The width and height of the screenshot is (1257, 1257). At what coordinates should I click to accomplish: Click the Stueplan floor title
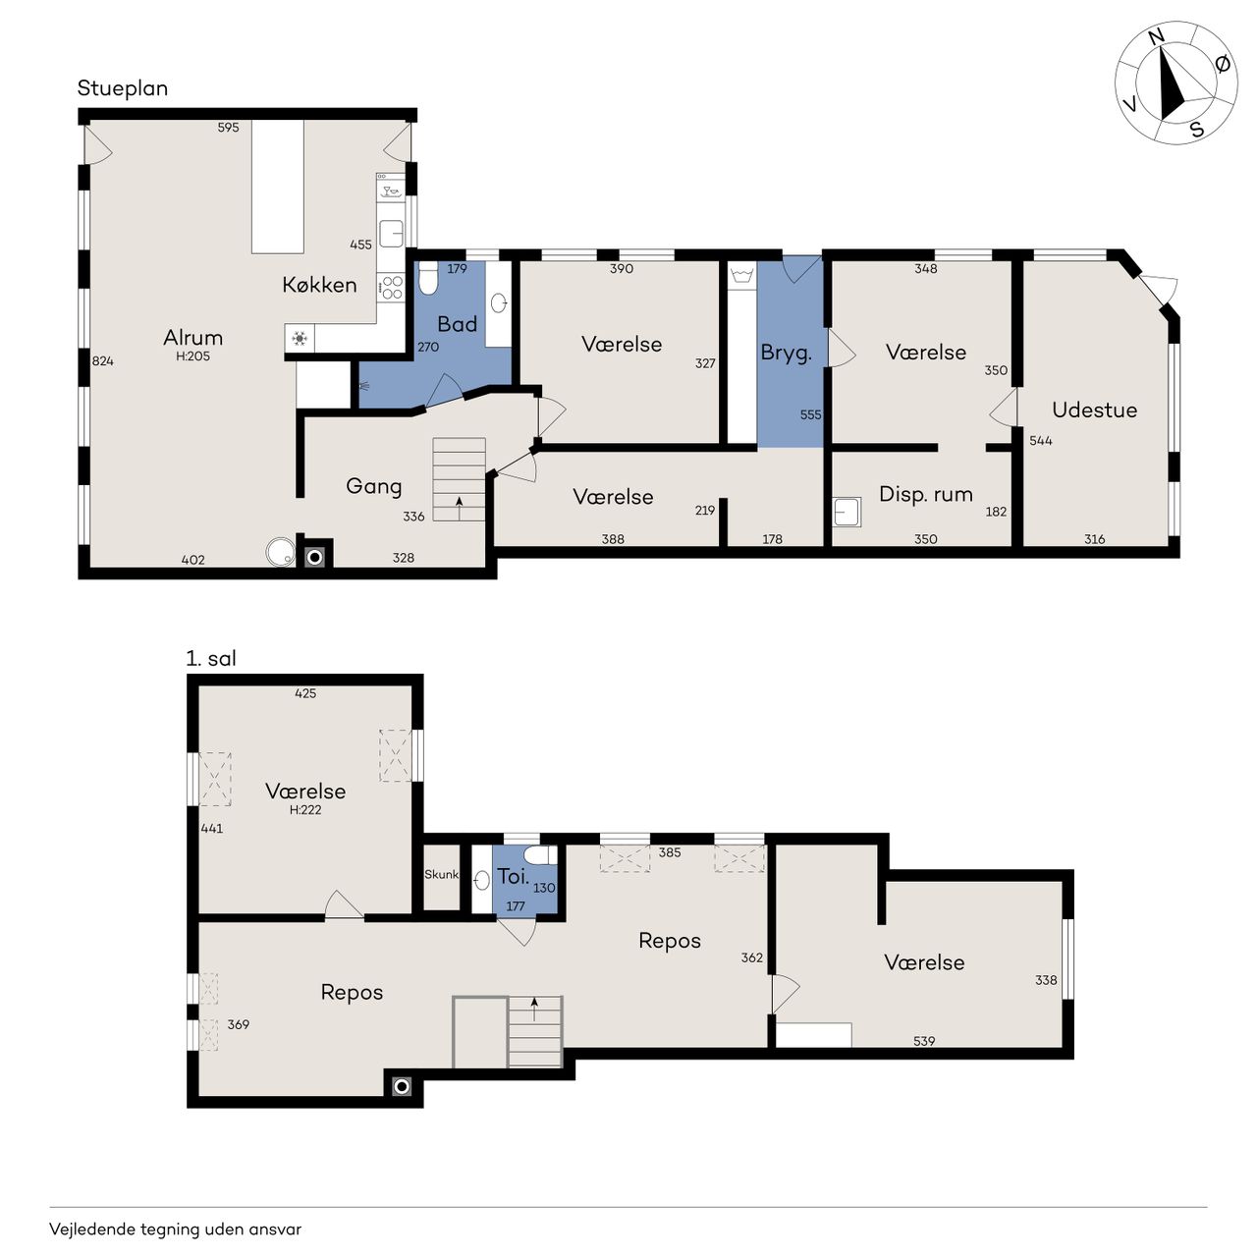(x=122, y=88)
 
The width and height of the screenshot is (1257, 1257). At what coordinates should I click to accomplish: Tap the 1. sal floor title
(x=211, y=658)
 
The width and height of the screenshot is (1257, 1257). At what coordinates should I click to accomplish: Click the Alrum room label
(x=192, y=337)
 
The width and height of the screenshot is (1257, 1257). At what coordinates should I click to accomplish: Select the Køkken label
(x=319, y=285)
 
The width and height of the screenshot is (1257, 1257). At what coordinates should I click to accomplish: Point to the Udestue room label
(x=1094, y=410)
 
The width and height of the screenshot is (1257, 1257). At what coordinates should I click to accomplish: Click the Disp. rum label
(x=925, y=494)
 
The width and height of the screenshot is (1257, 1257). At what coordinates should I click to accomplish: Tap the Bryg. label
(x=786, y=353)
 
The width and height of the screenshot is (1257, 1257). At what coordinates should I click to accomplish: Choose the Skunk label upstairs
(x=441, y=874)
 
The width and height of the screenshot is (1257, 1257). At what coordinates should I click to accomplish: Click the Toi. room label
(x=513, y=876)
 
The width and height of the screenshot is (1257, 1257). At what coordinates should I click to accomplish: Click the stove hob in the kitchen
(x=392, y=287)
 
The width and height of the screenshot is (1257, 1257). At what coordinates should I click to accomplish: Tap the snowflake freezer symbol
(x=300, y=339)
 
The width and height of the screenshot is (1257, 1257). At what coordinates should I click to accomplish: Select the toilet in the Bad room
(x=428, y=279)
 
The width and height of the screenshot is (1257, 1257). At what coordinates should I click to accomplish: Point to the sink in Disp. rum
(x=847, y=512)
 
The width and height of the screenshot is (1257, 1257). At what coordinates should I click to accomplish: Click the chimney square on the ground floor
(x=314, y=557)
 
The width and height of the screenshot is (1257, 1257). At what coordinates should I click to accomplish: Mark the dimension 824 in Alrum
(x=102, y=361)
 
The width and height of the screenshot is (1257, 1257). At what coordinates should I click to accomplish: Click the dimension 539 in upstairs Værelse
(x=924, y=1041)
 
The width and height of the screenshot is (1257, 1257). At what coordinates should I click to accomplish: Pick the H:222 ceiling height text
(x=305, y=809)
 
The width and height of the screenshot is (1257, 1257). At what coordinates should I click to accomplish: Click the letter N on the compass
(x=1157, y=37)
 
